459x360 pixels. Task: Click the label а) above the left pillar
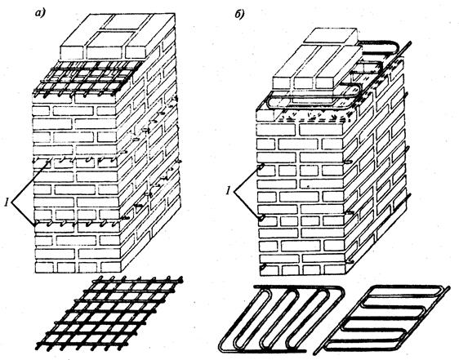[41, 14]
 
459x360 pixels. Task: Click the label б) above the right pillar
[240, 15]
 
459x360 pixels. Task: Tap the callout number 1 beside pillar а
[7, 202]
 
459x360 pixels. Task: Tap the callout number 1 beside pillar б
[229, 191]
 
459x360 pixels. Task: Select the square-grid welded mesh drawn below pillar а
[113, 313]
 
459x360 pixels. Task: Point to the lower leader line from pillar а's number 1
[24, 213]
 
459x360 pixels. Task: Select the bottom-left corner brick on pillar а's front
[44, 268]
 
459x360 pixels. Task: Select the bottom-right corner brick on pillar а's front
[111, 267]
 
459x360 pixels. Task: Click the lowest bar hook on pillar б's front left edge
[265, 267]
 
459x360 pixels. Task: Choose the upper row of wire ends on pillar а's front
[77, 160]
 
